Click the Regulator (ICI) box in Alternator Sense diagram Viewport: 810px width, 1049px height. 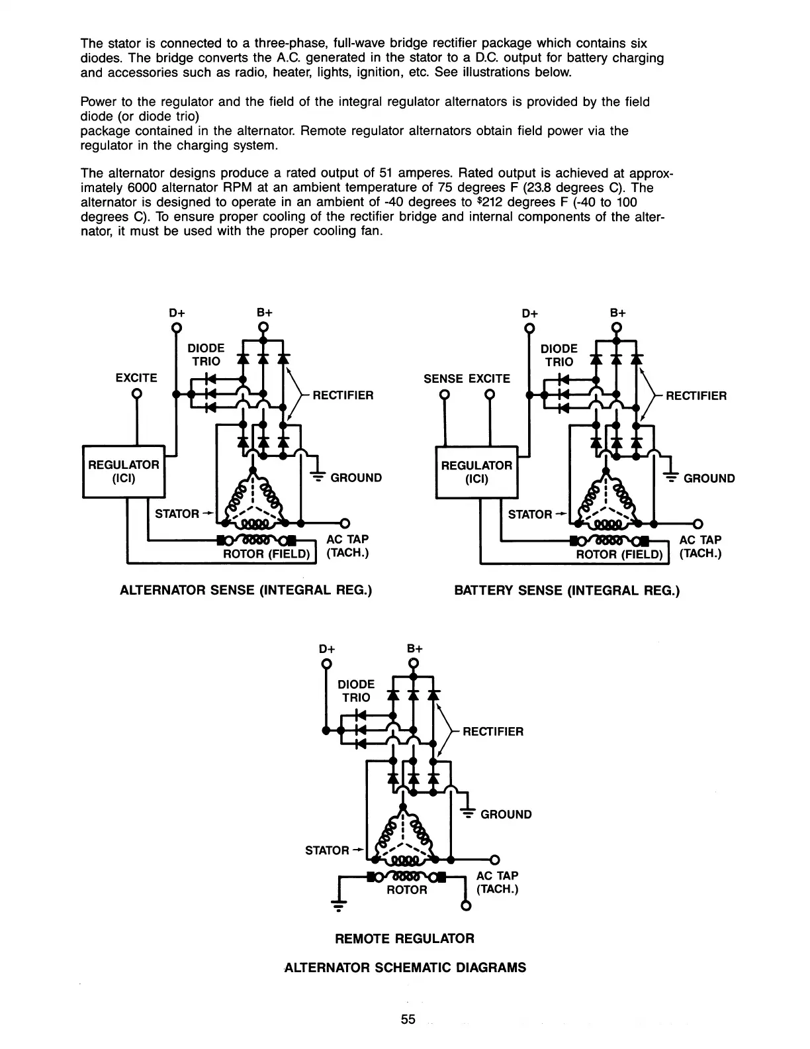click(124, 472)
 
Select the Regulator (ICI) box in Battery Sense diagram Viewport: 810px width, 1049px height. click(476, 472)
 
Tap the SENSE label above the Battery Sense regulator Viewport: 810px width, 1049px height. click(444, 378)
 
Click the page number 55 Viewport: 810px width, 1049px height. click(408, 1019)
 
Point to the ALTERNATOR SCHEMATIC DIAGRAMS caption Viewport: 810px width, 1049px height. click(404, 967)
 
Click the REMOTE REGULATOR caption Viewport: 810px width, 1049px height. click(404, 938)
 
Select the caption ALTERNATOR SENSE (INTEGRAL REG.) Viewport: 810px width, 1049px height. click(246, 589)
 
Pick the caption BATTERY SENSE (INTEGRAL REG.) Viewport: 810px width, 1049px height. click(566, 589)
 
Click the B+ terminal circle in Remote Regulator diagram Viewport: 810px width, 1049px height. click(413, 664)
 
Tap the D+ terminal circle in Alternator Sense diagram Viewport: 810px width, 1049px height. click(176, 328)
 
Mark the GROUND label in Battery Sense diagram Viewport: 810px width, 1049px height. click(709, 478)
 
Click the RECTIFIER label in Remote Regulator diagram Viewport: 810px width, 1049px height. click(492, 731)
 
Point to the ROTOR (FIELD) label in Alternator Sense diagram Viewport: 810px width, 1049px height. click(267, 554)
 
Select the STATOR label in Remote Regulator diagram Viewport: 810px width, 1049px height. click(327, 850)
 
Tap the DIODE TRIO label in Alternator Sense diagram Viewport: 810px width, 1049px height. click(206, 354)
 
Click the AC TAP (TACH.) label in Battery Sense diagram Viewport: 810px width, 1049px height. click(700, 546)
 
